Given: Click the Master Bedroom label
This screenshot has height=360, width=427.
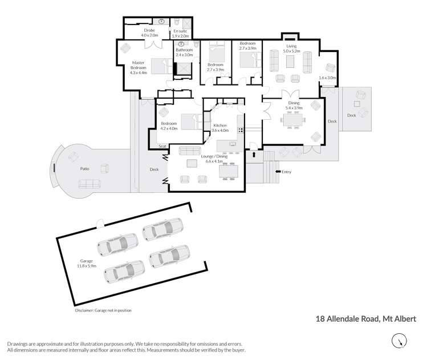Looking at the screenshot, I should tap(139, 68).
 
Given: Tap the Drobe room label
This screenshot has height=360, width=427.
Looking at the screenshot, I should tap(150, 33).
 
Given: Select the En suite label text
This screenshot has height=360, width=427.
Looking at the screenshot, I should tap(180, 33).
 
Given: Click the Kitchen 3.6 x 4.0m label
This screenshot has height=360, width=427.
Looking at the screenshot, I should tap(220, 128).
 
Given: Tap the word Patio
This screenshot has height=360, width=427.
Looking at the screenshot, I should tap(84, 169).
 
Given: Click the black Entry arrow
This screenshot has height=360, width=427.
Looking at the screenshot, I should tap(278, 171).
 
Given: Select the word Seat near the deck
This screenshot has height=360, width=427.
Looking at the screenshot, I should tap(162, 147).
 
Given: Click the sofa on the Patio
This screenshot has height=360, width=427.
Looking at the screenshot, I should tap(89, 184).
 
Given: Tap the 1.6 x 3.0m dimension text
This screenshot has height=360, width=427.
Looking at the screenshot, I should tap(328, 78).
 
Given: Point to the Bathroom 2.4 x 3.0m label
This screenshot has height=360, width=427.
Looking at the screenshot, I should tap(184, 52).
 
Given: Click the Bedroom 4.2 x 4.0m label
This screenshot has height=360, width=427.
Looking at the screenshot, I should tap(169, 126).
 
